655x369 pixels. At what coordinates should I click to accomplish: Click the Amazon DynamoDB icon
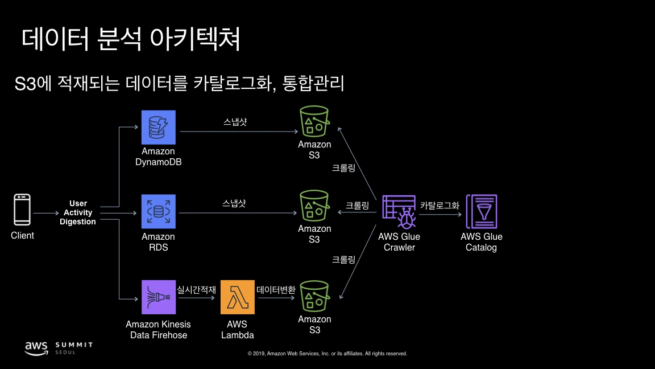click(x=159, y=128)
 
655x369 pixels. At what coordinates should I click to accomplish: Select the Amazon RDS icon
click(x=159, y=212)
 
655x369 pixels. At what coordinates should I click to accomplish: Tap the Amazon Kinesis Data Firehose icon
click(x=159, y=297)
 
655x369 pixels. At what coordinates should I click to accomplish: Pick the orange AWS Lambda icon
click(x=238, y=297)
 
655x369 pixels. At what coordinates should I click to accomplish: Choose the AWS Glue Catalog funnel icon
click(x=482, y=212)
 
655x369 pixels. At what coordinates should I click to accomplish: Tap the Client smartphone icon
click(x=22, y=210)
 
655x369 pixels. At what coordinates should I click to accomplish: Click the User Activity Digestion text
click(x=78, y=212)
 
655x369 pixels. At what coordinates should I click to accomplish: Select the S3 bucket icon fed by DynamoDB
click(x=314, y=121)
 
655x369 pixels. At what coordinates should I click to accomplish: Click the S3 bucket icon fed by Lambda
click(x=314, y=296)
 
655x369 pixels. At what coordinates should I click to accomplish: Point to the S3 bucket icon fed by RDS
click(x=314, y=206)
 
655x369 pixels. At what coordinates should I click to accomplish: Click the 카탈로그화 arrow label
click(x=440, y=206)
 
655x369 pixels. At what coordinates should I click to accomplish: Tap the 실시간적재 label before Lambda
click(x=197, y=289)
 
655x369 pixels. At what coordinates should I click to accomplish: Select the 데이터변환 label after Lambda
click(x=276, y=289)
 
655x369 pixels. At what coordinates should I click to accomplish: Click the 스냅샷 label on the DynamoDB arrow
click(x=235, y=122)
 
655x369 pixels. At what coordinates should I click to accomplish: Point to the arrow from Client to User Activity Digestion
click(x=45, y=213)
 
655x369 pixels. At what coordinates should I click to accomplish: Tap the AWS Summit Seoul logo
click(x=58, y=347)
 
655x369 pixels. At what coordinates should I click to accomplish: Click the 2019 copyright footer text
click(x=327, y=354)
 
